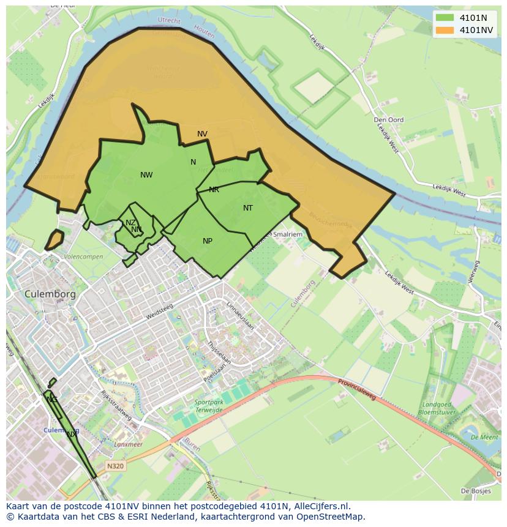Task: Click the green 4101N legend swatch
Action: pyautogui.click(x=445, y=18)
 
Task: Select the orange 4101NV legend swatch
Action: pyautogui.click(x=445, y=30)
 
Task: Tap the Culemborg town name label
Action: pyautogui.click(x=50, y=294)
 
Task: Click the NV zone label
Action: pyautogui.click(x=202, y=133)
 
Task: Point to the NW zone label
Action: pyautogui.click(x=146, y=175)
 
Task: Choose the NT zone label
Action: pyautogui.click(x=248, y=208)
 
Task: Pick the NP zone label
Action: pyautogui.click(x=208, y=241)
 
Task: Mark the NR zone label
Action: pyautogui.click(x=214, y=190)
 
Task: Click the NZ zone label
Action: pyautogui.click(x=130, y=223)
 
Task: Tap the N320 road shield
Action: pyautogui.click(x=115, y=466)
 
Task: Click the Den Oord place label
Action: pyautogui.click(x=389, y=120)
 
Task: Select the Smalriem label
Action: pyautogui.click(x=288, y=234)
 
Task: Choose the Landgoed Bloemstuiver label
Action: pyautogui.click(x=435, y=408)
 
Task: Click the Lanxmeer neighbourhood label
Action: pyautogui.click(x=129, y=444)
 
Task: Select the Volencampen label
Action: pyautogui.click(x=83, y=256)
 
